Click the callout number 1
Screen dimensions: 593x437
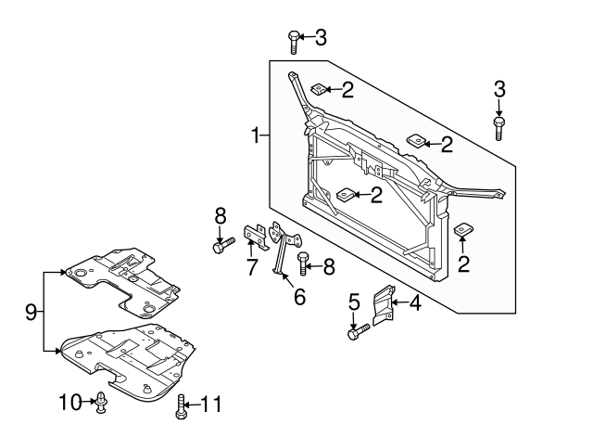(x=256, y=135)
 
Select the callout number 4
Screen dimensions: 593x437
(x=415, y=302)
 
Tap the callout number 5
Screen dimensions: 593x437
(x=354, y=302)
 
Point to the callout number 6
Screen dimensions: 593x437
(x=299, y=297)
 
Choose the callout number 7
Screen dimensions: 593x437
(x=252, y=266)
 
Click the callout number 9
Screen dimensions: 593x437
(x=31, y=313)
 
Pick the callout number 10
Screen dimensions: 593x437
(x=70, y=402)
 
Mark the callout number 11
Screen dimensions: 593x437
(x=210, y=404)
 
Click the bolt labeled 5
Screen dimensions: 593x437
(x=359, y=332)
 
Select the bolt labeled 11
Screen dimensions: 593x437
(x=181, y=406)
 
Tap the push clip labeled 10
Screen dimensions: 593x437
(x=101, y=402)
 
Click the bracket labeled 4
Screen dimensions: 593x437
(x=383, y=305)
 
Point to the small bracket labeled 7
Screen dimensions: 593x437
(x=256, y=237)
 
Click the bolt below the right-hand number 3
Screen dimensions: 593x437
(x=498, y=129)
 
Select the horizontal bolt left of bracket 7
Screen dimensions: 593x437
(x=224, y=245)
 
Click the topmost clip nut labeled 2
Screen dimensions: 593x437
(x=320, y=89)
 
